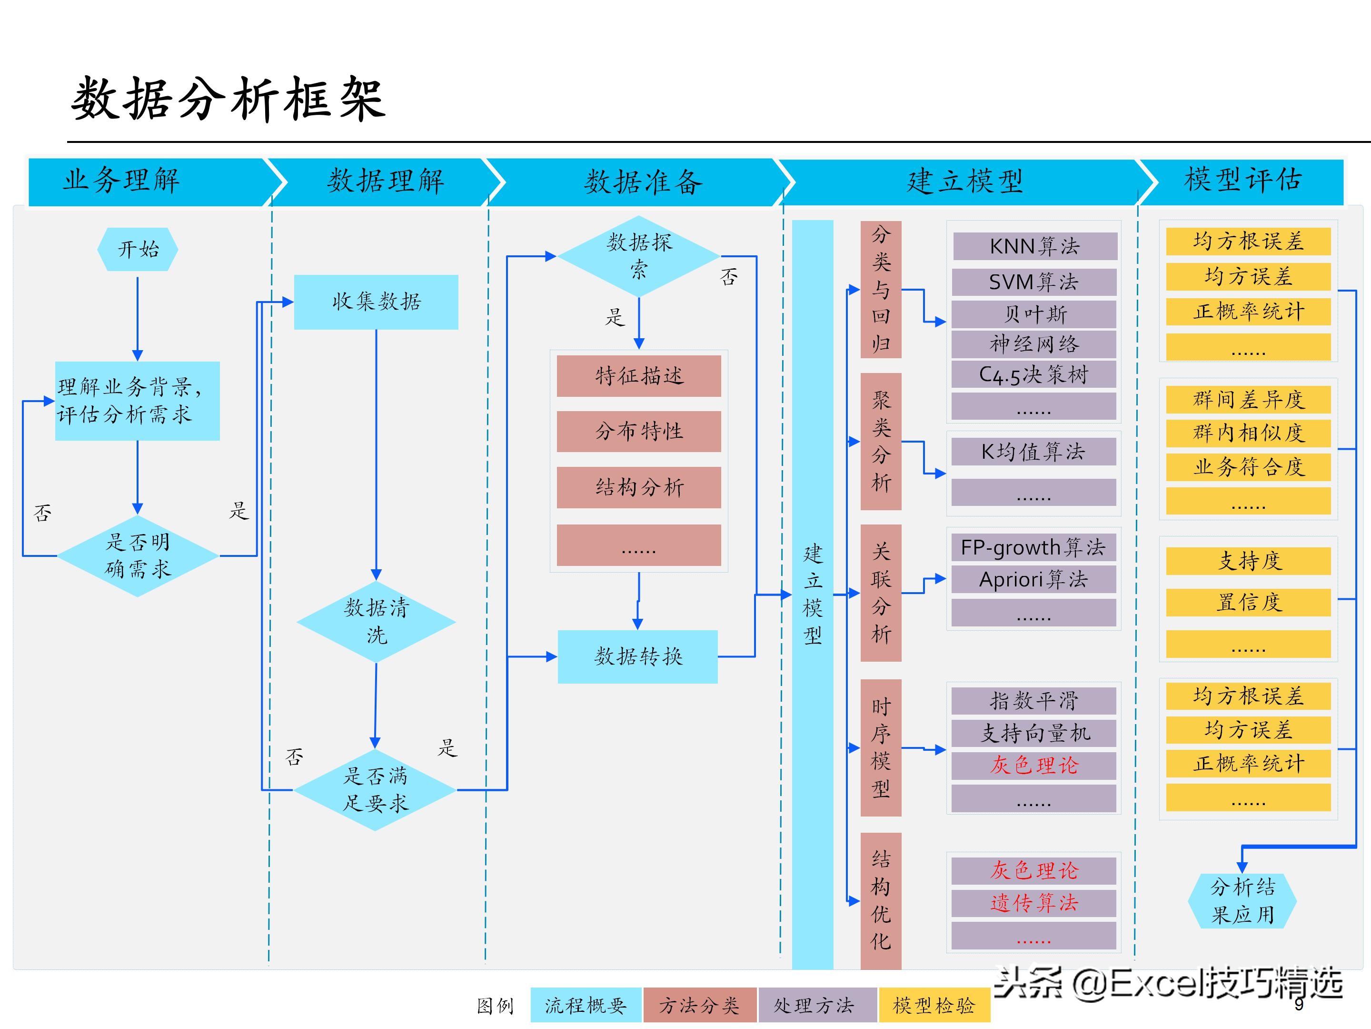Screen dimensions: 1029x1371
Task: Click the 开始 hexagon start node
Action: coord(138,249)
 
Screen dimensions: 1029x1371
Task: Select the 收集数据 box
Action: coord(376,302)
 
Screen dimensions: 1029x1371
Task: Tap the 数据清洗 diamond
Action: coord(376,621)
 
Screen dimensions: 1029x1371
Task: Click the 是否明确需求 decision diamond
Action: coord(138,556)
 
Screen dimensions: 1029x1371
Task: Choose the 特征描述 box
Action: coord(638,376)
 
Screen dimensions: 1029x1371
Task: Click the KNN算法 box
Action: coord(1034,246)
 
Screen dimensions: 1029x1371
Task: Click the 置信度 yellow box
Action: coord(1248,602)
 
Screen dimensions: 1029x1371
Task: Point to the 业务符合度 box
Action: coord(1248,467)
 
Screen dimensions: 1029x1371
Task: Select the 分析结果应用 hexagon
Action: coord(1242,900)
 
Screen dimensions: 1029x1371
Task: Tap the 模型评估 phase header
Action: coord(1242,181)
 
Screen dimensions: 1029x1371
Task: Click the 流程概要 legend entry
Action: coord(586,1005)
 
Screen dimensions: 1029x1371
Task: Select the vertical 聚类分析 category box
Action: coord(881,442)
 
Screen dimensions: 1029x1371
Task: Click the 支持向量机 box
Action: coord(1033,733)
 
